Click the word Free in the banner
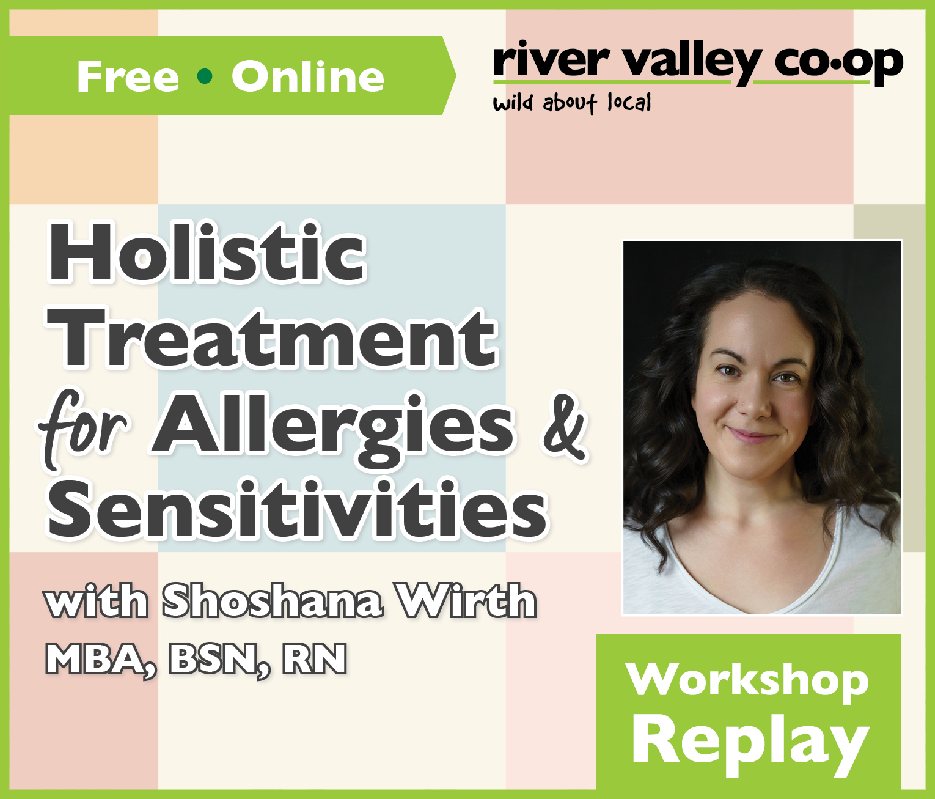pyautogui.click(x=128, y=76)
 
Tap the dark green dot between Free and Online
pyautogui.click(x=205, y=76)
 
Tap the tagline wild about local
pyautogui.click(x=572, y=103)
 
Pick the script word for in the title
pyautogui.click(x=83, y=422)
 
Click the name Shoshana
pyautogui.click(x=273, y=600)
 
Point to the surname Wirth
pyautogui.click(x=468, y=600)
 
